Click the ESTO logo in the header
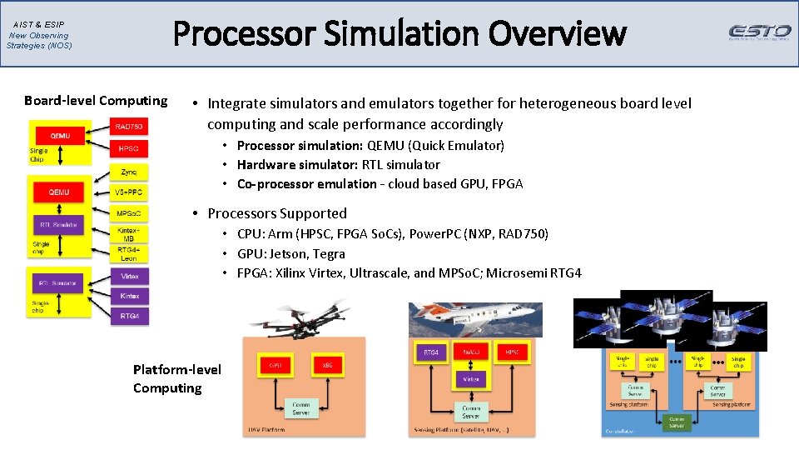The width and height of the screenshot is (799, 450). (759, 32)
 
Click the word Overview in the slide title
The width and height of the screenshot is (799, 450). (557, 34)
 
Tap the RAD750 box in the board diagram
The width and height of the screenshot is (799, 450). (129, 127)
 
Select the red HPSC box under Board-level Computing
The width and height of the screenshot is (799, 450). (129, 148)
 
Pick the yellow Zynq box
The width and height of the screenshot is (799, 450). (129, 172)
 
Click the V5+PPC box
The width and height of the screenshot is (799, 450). (129, 192)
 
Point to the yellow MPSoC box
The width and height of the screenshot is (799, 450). (129, 213)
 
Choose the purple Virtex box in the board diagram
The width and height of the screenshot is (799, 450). (129, 275)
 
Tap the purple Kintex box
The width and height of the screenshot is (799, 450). (129, 296)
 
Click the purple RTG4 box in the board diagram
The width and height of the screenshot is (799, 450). (129, 316)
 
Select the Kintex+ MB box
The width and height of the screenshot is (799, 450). (129, 233)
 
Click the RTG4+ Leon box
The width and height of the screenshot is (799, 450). (129, 254)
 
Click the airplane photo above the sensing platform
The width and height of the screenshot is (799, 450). (474, 319)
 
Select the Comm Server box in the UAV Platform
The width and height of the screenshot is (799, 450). (300, 408)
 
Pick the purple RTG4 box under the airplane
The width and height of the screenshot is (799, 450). (431, 352)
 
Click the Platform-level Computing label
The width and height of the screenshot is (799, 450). (176, 378)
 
